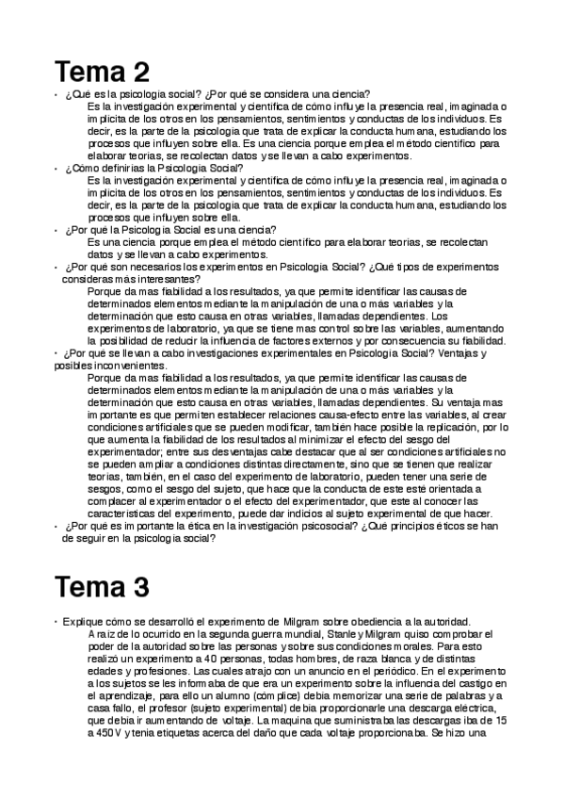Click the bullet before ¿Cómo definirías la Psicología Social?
[x=57, y=169]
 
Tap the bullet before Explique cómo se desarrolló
[x=57, y=622]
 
